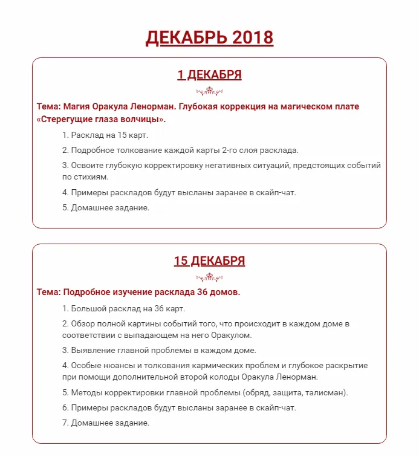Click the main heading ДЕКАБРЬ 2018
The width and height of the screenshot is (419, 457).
(209, 37)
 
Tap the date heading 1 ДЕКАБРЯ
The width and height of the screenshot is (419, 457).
(209, 75)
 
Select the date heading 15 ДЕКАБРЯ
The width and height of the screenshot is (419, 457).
(209, 261)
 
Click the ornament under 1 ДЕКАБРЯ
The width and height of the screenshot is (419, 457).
(209, 92)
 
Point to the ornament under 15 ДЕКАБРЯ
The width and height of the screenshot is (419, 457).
(209, 278)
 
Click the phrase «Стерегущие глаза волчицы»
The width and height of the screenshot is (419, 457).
(101, 119)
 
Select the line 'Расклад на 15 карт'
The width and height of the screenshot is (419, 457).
(109, 135)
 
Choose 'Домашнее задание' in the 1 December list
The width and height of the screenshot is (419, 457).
(109, 207)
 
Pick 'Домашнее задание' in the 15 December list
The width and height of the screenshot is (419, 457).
(109, 423)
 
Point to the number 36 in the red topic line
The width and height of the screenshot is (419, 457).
(203, 292)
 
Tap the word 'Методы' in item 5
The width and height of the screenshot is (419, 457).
(86, 392)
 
